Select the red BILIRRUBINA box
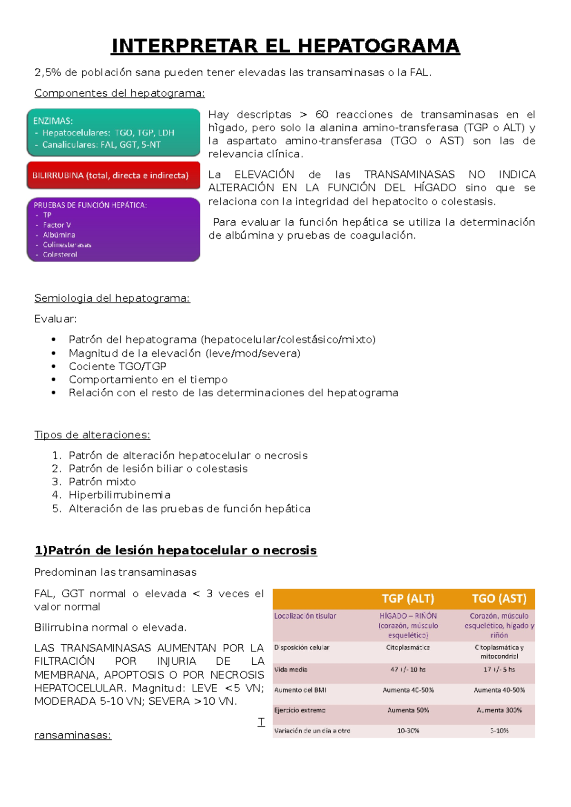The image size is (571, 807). (113, 175)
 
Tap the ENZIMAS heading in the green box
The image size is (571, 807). (53, 121)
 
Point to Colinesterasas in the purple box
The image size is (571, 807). (67, 245)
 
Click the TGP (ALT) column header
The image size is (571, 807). (408, 599)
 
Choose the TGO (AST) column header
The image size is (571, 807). (499, 599)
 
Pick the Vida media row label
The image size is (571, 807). (291, 669)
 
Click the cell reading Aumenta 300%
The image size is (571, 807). (499, 710)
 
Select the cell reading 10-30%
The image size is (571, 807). (408, 730)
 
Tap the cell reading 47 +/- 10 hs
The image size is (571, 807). (408, 669)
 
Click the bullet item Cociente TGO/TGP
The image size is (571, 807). (118, 366)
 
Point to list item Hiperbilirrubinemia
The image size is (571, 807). (119, 495)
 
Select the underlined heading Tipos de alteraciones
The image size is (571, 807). (92, 435)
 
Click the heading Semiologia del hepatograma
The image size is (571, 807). (112, 298)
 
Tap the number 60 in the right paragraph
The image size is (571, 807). (322, 115)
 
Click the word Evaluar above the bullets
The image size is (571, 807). (55, 319)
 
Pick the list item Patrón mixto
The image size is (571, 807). (102, 482)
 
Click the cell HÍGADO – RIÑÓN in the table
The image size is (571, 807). (408, 616)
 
